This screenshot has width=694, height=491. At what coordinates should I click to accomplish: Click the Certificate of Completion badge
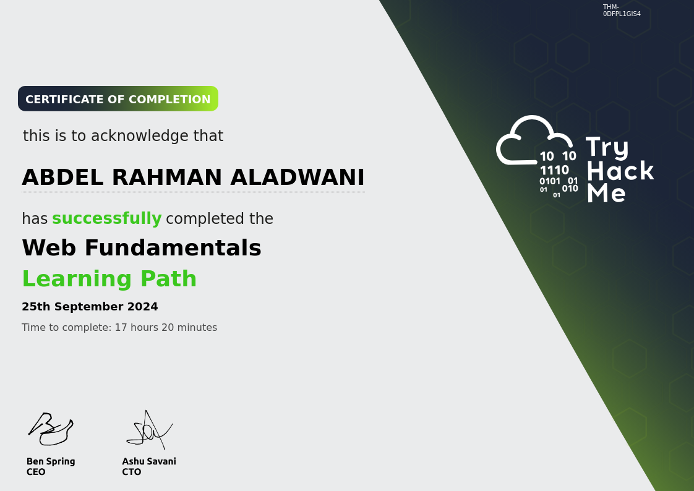pos(118,99)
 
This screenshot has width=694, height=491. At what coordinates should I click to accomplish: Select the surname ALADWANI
pos(298,177)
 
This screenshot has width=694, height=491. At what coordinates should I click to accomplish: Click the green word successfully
pos(106,219)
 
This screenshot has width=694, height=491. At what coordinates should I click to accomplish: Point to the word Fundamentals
pos(173,248)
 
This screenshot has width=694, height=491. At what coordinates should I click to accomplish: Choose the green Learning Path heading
pos(109,279)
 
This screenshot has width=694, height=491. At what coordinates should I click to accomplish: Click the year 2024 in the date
pos(143,307)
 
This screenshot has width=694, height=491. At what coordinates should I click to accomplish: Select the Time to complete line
pos(119,328)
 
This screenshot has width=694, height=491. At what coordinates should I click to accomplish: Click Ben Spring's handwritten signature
pos(51,429)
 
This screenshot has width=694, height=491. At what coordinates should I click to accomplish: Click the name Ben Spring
pos(51,461)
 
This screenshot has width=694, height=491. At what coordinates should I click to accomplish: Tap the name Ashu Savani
pos(149,461)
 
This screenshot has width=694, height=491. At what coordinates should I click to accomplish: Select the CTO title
pos(132,472)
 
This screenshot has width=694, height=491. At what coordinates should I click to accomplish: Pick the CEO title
pos(36,472)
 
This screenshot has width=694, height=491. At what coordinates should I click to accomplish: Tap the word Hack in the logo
pos(620,171)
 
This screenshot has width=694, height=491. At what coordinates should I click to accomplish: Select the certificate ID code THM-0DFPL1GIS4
pos(622,11)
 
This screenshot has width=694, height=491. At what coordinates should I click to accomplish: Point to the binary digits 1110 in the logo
pos(554,170)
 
